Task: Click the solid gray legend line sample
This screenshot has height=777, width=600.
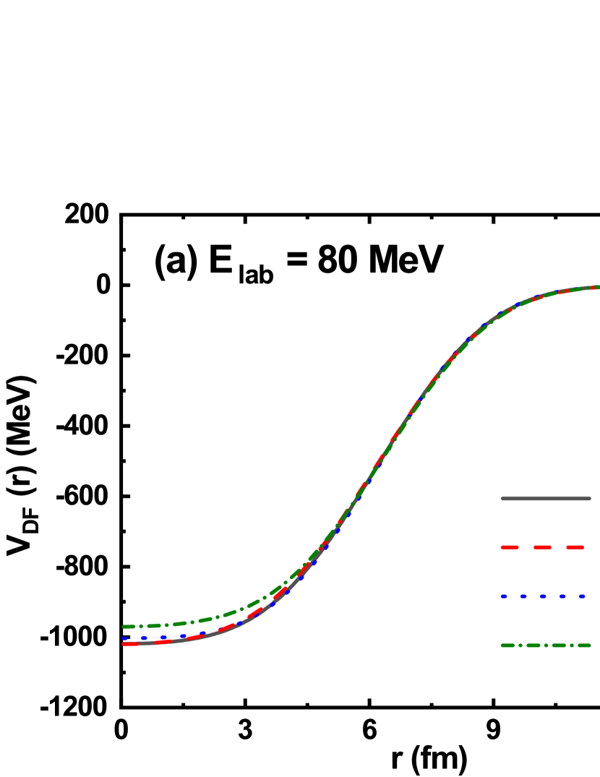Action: [x=546, y=498]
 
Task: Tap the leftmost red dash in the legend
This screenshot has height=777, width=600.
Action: [x=510, y=548]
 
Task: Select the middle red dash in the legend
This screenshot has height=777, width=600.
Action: [x=542, y=548]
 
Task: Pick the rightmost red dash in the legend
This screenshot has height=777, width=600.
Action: [x=575, y=548]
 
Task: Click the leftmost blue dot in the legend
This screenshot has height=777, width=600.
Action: [x=504, y=596]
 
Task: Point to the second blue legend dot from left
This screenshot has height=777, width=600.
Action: [x=523, y=596]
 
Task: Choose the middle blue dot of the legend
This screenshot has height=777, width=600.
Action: [x=543, y=596]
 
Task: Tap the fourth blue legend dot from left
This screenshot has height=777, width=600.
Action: [x=562, y=596]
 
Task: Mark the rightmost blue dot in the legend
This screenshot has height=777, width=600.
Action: [x=582, y=596]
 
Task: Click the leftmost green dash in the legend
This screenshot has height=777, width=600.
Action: [x=508, y=645]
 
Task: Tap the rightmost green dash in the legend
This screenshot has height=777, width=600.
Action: [x=584, y=645]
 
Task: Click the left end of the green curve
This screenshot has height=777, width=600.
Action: [x=124, y=627]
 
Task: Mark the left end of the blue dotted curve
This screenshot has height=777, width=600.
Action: [x=124, y=638]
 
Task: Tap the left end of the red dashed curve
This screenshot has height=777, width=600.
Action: [x=124, y=643]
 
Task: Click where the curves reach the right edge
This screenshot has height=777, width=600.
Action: [x=597, y=287]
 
